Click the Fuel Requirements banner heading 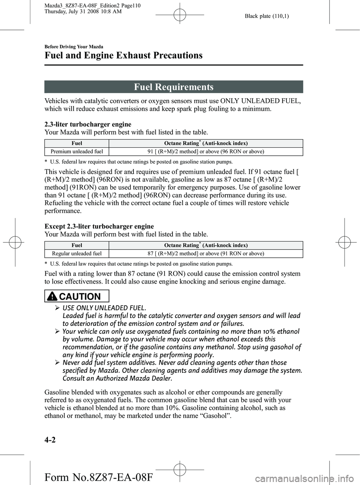[x=174, y=87]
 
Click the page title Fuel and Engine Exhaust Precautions [x=123, y=56]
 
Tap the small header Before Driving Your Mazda [x=73, y=47]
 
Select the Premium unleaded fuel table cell [x=77, y=152]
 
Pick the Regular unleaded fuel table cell [x=77, y=254]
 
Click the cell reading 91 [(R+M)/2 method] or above [x=205, y=152]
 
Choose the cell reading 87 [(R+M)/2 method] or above [x=205, y=254]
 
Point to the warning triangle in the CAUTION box [x=52, y=296]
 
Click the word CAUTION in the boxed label [x=80, y=297]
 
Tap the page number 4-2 [x=50, y=440]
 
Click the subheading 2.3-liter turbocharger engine [x=88, y=124]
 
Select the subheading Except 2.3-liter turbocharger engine [x=99, y=226]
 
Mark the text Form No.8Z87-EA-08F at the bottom [x=99, y=477]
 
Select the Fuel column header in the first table [x=77, y=143]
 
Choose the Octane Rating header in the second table [x=205, y=245]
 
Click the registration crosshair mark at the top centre [x=180, y=15]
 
